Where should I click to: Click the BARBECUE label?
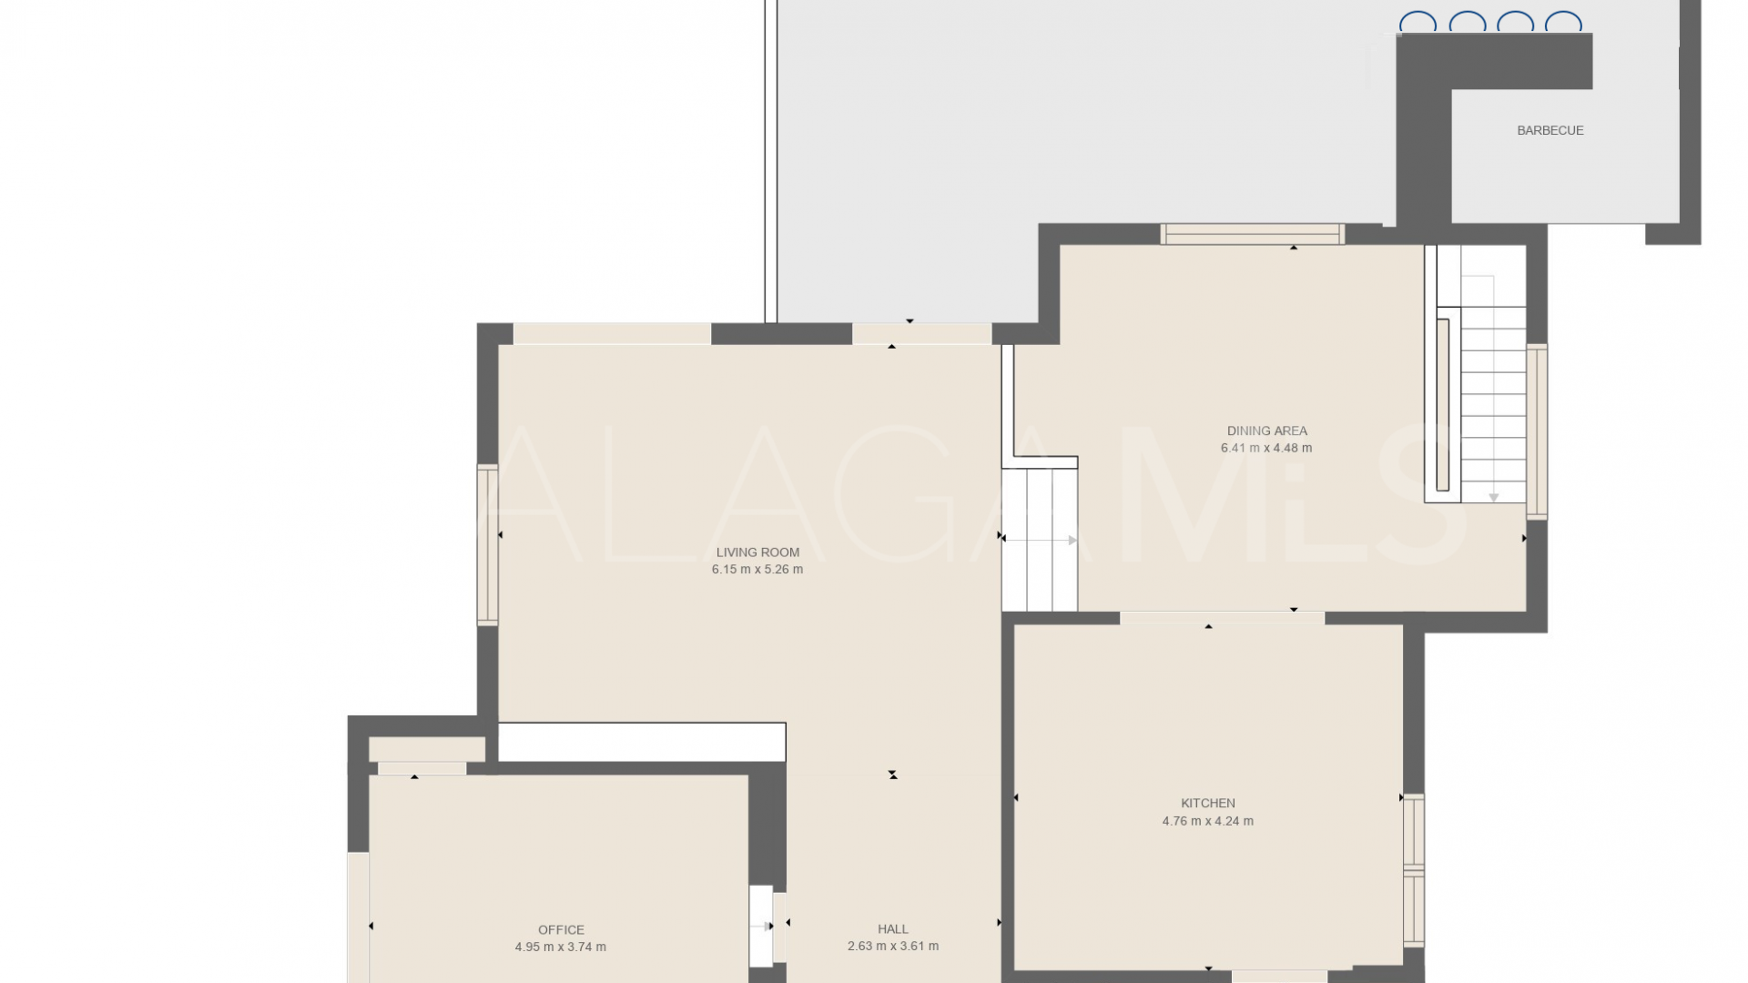click(x=1550, y=130)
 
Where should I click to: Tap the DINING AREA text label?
click(x=1266, y=431)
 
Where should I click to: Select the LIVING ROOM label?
click(x=757, y=552)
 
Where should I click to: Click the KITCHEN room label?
click(x=1207, y=803)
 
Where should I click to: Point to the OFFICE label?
click(x=561, y=929)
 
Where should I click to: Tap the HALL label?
click(x=892, y=929)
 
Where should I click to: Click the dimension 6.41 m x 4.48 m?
click(x=1266, y=448)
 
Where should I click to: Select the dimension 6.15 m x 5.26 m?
click(x=757, y=570)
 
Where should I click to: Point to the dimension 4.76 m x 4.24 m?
click(x=1207, y=821)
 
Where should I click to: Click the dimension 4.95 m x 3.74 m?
click(x=561, y=947)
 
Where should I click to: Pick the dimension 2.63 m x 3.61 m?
click(x=892, y=947)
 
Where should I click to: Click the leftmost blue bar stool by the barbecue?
click(x=1418, y=23)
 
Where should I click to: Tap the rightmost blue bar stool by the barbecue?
click(x=1563, y=23)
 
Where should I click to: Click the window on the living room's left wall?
click(x=488, y=544)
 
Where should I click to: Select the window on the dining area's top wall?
click(x=1252, y=234)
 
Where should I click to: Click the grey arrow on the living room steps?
click(x=1072, y=541)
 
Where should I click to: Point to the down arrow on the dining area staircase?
click(x=1494, y=498)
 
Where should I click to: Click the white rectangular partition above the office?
click(x=642, y=742)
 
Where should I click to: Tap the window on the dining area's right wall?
click(x=1537, y=431)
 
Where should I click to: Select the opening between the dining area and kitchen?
click(x=1222, y=618)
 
